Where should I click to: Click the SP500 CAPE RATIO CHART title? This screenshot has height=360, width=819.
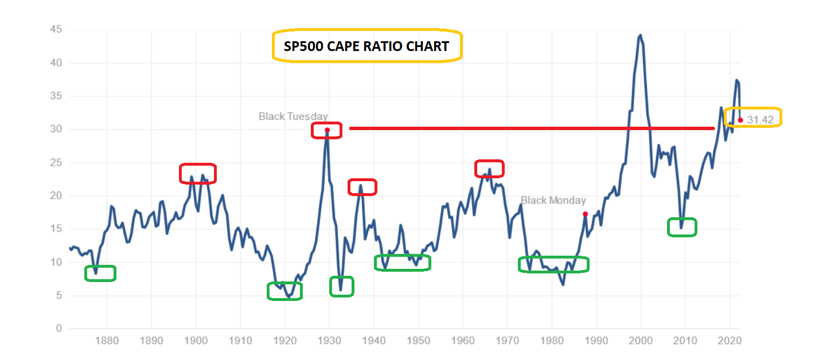[x=366, y=46]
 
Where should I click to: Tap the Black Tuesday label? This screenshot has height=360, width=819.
[x=293, y=117]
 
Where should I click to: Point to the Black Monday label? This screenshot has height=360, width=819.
[x=553, y=200]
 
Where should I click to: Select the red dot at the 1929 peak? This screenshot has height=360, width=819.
[x=327, y=130]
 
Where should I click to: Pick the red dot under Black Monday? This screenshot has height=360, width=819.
[x=585, y=214]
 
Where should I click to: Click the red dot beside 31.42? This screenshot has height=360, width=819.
[x=740, y=120]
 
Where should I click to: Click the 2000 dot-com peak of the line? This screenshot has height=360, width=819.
[x=640, y=36]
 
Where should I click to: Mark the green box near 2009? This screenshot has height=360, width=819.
[x=682, y=227]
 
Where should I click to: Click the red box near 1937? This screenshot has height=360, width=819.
[x=362, y=187]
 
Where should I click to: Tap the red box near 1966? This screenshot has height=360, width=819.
[x=489, y=169]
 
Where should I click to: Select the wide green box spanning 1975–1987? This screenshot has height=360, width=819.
[x=553, y=264]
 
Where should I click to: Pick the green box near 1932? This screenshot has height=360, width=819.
[x=342, y=287]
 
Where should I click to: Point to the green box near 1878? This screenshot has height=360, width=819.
[x=100, y=273]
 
